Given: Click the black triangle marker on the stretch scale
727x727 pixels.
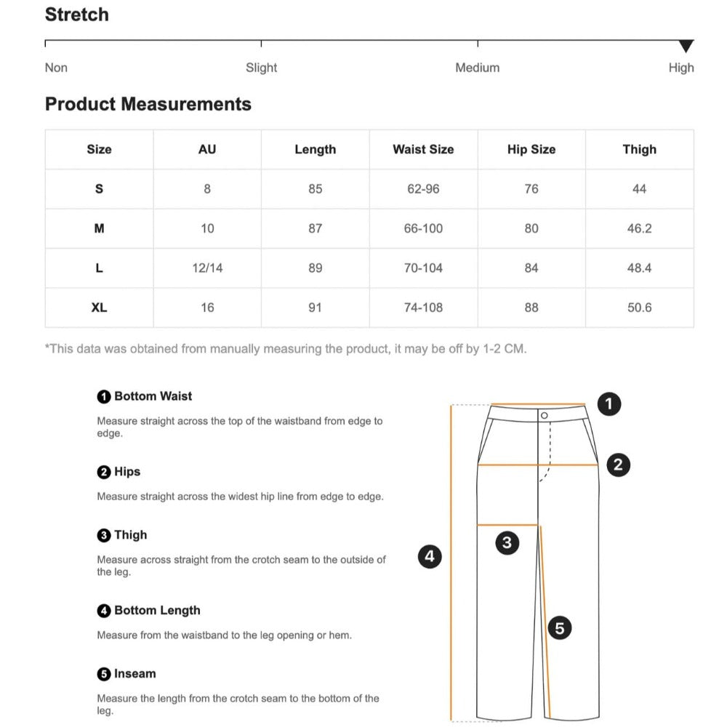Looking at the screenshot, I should tap(686, 47).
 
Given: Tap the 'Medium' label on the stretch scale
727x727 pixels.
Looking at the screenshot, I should tap(477, 68).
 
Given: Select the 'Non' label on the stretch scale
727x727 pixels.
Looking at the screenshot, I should tap(56, 68).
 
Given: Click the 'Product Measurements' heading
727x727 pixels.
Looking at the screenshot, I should tap(148, 104).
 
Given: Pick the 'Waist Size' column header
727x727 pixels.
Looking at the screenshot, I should tap(423, 149).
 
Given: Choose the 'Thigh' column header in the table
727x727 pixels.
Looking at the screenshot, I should tap(639, 149).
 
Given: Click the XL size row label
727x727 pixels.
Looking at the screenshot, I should tap(99, 308).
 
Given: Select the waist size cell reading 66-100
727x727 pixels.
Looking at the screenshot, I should tap(423, 228).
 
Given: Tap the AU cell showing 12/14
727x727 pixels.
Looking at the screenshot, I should tap(207, 268).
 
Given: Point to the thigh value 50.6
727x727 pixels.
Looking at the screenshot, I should tap(639, 308).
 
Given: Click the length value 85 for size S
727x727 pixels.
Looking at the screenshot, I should tap(315, 189).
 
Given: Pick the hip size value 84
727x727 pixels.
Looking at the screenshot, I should tap(531, 268).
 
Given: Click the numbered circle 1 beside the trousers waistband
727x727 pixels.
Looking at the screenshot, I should tap(608, 403).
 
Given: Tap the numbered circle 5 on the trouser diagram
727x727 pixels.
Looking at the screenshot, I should tap(559, 627).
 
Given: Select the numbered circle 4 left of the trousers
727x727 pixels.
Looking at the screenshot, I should tap(430, 557).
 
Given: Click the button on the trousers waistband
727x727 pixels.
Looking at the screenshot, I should tap(544, 415).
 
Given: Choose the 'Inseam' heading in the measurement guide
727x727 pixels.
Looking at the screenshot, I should tap(134, 674).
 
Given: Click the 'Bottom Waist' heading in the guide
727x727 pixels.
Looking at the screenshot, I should tap(153, 396).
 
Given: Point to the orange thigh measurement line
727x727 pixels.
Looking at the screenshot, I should tap(507, 524).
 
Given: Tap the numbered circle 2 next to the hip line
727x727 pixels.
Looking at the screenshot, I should tap(618, 465).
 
